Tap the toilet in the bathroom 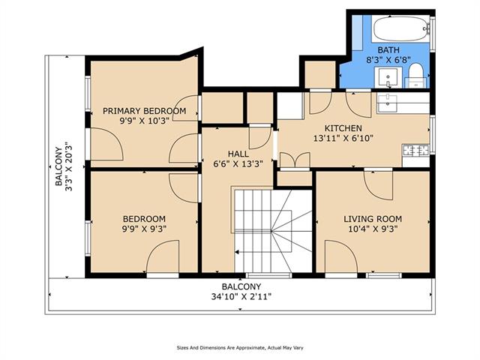(x=415, y=76)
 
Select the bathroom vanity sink (x=388, y=78)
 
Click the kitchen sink (x=387, y=103)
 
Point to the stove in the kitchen (x=415, y=150)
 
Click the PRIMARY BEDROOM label (x=144, y=111)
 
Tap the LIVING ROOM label (x=373, y=219)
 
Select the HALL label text (x=238, y=154)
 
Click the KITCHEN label (x=343, y=128)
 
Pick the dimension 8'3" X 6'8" (x=388, y=60)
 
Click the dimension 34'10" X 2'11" (x=241, y=297)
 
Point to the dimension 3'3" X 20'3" (x=68, y=166)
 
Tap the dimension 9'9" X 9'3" (x=144, y=229)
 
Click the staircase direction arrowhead (x=237, y=252)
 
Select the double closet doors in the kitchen (x=295, y=160)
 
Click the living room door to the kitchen (x=378, y=184)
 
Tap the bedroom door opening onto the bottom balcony (x=163, y=256)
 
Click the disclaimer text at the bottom (x=240, y=348)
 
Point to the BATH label (x=388, y=50)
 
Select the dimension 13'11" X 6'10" (x=343, y=138)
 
